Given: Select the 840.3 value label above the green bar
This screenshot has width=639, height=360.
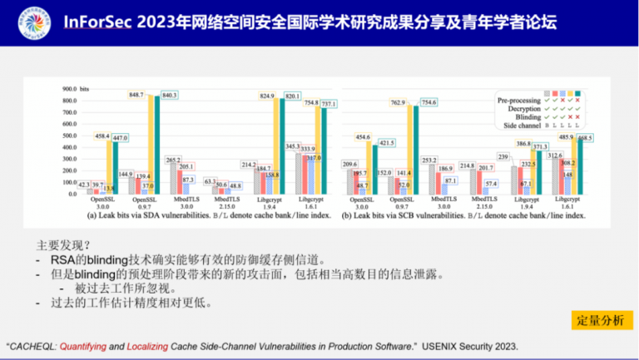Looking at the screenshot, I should tap(170, 96).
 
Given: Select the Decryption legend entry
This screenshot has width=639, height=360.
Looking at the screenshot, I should tap(523, 108).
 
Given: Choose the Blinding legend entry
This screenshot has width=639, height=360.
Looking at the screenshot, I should tap(528, 117).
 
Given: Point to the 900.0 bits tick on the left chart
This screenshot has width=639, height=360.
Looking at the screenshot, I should tap(62, 88).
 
